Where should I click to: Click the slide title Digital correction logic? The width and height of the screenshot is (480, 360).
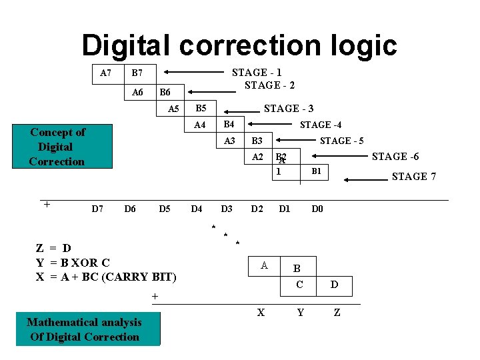click(x=239, y=45)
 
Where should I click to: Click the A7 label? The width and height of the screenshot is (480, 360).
click(x=105, y=73)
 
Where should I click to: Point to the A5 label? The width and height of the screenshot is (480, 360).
click(x=174, y=109)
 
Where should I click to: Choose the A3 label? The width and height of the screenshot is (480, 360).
click(x=229, y=141)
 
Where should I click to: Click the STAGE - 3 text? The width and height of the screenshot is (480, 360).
click(x=289, y=108)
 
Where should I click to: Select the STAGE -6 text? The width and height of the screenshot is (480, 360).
click(x=395, y=157)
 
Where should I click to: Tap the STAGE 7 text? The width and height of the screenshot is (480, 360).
click(x=414, y=177)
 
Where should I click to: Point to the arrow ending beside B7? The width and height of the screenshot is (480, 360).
click(x=193, y=71)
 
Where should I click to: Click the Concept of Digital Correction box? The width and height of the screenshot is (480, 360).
click(x=57, y=147)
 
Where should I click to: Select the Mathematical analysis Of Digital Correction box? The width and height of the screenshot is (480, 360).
click(x=84, y=329)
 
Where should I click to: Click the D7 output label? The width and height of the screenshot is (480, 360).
click(x=97, y=209)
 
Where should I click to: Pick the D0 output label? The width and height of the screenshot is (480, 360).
click(x=317, y=209)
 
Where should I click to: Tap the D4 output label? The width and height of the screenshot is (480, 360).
click(x=196, y=209)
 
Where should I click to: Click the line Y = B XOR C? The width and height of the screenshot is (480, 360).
click(x=73, y=263)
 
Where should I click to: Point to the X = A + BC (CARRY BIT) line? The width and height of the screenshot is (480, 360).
click(x=106, y=277)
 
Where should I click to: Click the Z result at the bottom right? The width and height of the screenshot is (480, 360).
click(x=337, y=312)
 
